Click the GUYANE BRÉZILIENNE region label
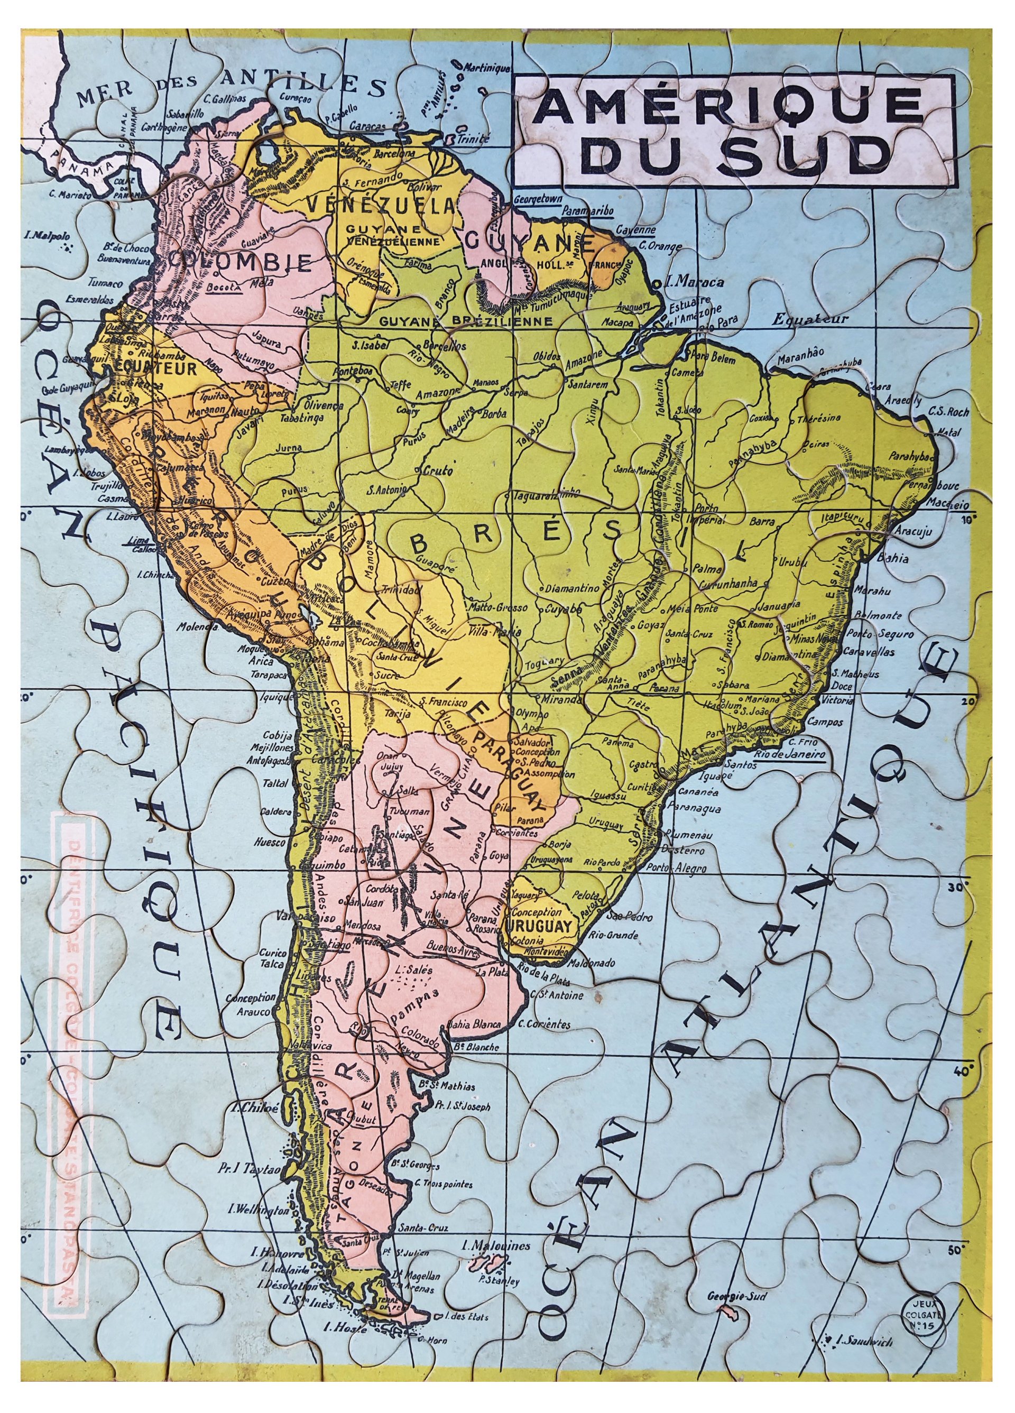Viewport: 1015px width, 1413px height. pos(465,321)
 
